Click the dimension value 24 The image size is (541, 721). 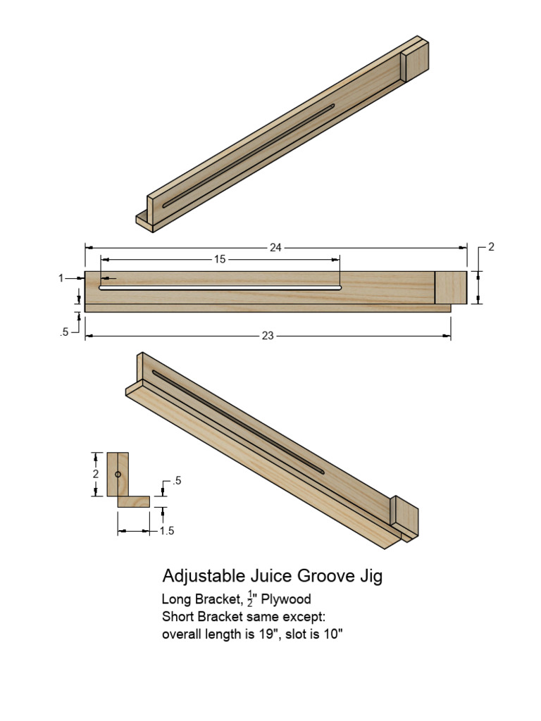[x=275, y=247]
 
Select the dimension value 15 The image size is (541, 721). [x=219, y=259]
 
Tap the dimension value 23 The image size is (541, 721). [x=267, y=336]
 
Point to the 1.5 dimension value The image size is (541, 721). [x=166, y=531]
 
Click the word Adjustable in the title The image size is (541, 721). [x=202, y=577]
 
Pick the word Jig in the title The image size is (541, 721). [x=371, y=577]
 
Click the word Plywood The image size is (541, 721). [x=287, y=600]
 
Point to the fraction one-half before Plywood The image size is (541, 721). [x=250, y=598]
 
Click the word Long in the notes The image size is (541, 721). [x=177, y=600]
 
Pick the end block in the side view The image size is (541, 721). [x=451, y=287]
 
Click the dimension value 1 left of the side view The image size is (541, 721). [x=61, y=278]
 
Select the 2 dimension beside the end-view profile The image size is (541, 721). [x=95, y=474]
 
